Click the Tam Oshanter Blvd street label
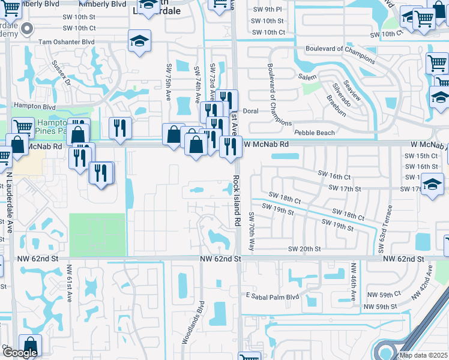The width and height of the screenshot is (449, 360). click(x=66, y=42)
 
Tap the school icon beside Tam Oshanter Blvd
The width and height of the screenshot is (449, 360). click(x=139, y=41)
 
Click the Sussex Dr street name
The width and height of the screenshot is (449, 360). click(x=62, y=71)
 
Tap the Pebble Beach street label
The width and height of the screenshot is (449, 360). click(x=313, y=132)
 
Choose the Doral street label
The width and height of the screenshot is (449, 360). click(x=250, y=112)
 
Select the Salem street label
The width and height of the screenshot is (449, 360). click(x=307, y=77)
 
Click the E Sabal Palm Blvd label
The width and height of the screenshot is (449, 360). click(x=272, y=296)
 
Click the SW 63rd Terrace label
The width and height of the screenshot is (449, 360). click(x=384, y=229)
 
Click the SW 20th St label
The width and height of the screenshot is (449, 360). click(x=305, y=249)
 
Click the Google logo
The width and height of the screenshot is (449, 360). click(x=19, y=353)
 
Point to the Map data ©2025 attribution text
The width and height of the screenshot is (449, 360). click(x=423, y=355)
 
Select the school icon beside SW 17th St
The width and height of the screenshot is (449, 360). click(x=432, y=185)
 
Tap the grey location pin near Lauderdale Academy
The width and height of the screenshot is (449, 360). click(x=27, y=29)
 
